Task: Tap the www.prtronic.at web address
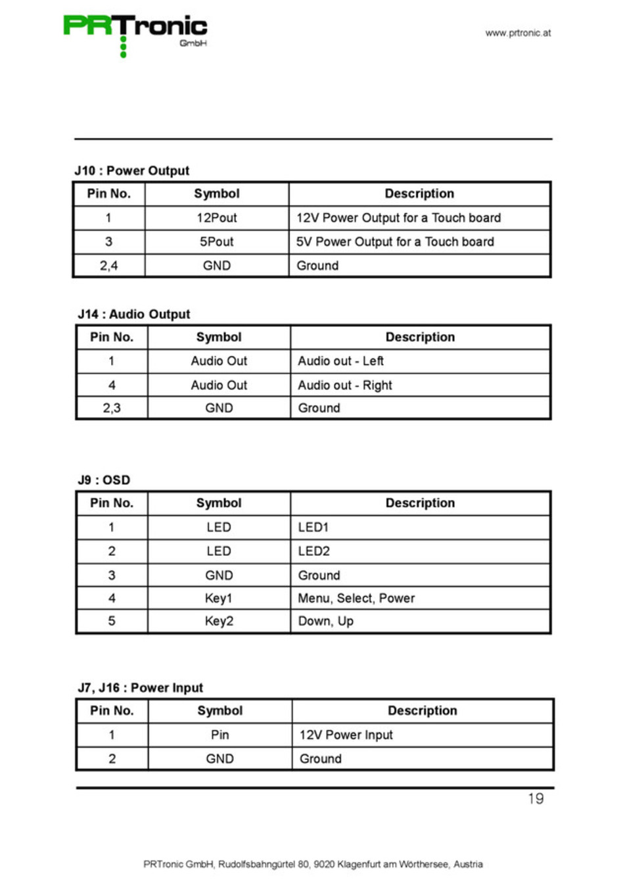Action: point(518,33)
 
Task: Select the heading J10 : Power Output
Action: point(131,171)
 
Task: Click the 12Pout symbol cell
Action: point(217,218)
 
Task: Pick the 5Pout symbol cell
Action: point(217,241)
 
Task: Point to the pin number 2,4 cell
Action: point(108,266)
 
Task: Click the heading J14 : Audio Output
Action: point(134,314)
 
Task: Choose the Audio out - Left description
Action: point(340,361)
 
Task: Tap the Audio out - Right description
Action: point(344,385)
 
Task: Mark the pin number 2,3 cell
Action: point(112,408)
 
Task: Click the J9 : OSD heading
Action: point(104,480)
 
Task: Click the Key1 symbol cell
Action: point(219,598)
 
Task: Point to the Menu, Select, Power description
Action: point(356,598)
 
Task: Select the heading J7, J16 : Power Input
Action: point(141,688)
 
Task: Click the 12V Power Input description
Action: point(346,735)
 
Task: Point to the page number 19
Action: point(536,799)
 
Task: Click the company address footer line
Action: point(313,864)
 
